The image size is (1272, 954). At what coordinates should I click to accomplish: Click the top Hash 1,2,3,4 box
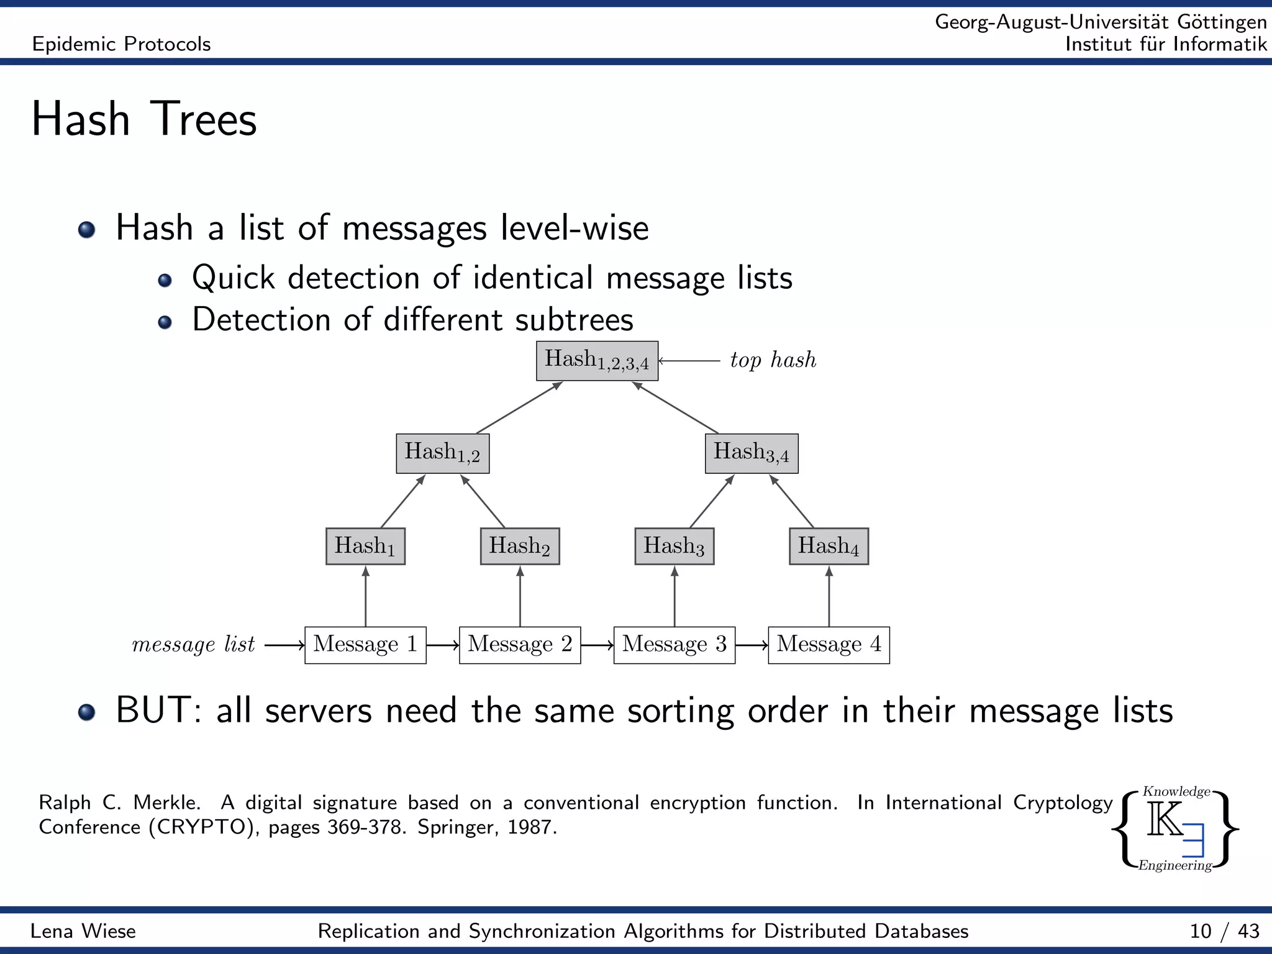point(597,361)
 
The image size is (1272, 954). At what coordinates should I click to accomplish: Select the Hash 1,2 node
point(443,453)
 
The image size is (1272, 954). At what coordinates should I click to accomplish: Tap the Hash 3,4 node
point(752,453)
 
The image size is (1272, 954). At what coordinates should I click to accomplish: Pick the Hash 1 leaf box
point(365,546)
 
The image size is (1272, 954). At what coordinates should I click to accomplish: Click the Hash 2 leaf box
point(520,546)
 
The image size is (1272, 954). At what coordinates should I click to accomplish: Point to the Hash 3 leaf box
point(675,546)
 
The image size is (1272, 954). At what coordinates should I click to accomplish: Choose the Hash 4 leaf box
point(829,546)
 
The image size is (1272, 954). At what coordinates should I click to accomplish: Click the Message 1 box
point(365,645)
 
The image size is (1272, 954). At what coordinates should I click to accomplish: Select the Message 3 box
point(675,645)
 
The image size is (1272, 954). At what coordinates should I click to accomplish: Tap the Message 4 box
point(829,645)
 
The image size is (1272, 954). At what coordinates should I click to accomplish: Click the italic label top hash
point(773,360)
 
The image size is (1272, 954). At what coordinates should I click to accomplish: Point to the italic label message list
point(193,645)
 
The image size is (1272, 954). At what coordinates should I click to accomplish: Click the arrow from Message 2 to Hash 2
point(520,596)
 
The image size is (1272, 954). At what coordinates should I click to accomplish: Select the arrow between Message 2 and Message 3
point(597,645)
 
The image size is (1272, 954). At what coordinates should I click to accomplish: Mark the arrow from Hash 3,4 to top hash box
point(676,407)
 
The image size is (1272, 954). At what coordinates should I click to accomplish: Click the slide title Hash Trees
point(144,119)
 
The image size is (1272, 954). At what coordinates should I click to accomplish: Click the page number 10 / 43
point(1224,931)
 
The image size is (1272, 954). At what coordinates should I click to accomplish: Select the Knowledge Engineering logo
point(1175,829)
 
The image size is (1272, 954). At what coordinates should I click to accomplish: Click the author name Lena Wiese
point(83,931)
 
